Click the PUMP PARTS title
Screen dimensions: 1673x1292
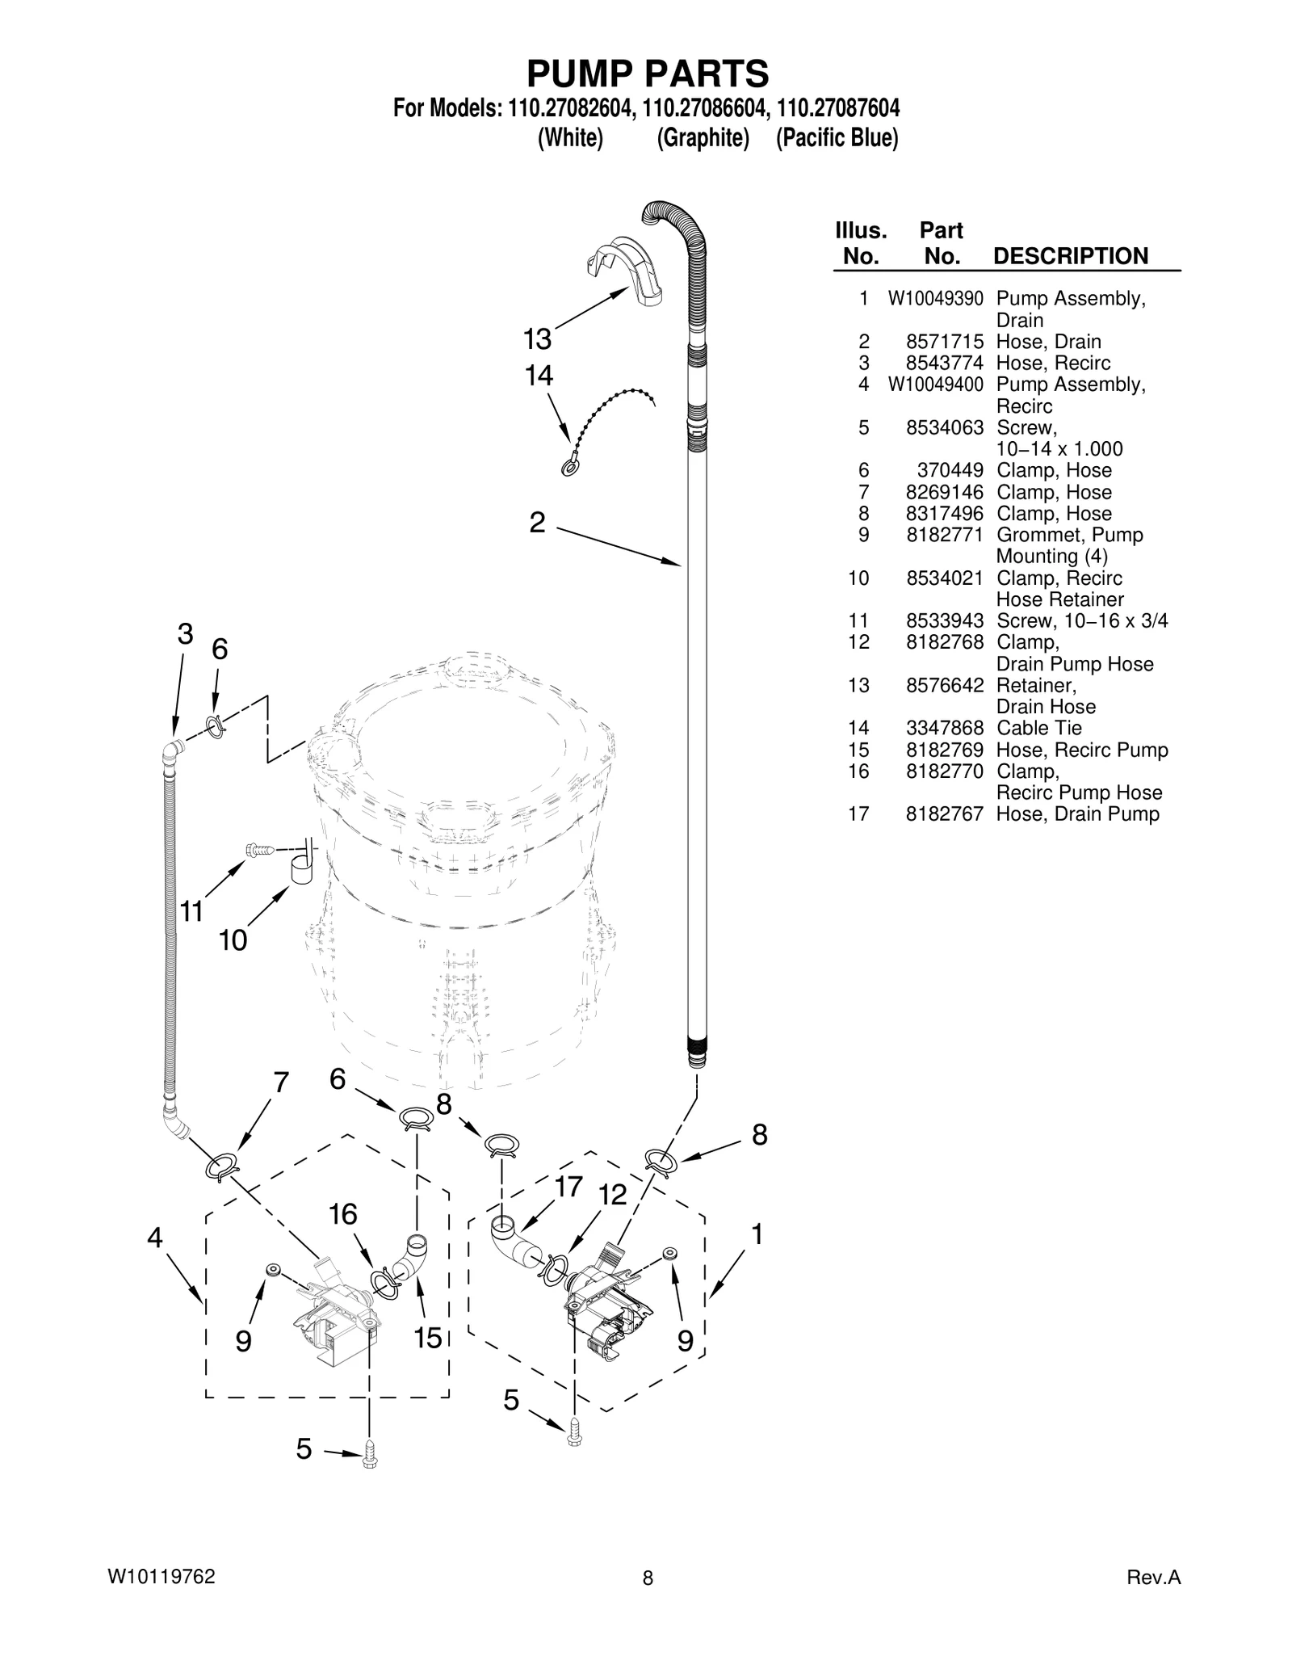pos(648,74)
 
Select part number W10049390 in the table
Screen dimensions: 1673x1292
pos(936,299)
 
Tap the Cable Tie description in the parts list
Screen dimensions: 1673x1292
pos(1038,728)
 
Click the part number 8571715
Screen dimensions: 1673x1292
pos(945,342)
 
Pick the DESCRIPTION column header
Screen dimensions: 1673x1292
pos(1070,256)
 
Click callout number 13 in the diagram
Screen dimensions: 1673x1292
pos(537,339)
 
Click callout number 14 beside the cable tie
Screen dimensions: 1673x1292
pos(539,376)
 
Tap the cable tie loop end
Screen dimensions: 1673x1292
pos(568,468)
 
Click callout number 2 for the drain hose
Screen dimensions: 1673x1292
pos(537,523)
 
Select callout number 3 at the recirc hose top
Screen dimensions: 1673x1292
pos(186,634)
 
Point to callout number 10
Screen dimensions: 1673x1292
pos(233,940)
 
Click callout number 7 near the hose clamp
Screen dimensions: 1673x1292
pos(281,1083)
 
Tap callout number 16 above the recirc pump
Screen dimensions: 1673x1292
pos(343,1214)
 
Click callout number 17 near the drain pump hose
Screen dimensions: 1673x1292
pos(568,1187)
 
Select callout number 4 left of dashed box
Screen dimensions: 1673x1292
pos(154,1238)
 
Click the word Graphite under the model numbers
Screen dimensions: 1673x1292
pos(703,138)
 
